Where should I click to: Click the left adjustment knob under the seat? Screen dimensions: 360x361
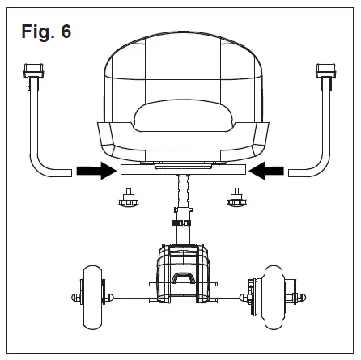(127, 197)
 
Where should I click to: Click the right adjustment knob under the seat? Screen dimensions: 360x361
(235, 197)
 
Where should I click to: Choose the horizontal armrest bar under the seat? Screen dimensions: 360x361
(180, 171)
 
